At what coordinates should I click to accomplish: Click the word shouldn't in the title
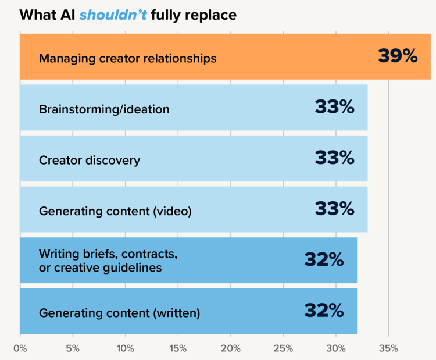point(113,15)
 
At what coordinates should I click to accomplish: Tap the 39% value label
point(398,56)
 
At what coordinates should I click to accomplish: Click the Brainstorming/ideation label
point(104,109)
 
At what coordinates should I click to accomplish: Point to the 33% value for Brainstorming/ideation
point(334,107)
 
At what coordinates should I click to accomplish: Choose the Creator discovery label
point(90,159)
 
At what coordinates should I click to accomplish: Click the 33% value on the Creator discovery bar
point(334,158)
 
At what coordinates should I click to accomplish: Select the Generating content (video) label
point(115,211)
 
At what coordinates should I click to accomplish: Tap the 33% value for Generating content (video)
point(334,208)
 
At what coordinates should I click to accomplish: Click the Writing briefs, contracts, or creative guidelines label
point(108,261)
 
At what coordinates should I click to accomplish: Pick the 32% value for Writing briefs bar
point(324,259)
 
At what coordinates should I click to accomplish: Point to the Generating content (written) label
point(119,312)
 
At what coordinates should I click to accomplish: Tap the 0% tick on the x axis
point(20,348)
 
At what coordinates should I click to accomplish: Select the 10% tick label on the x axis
point(125,348)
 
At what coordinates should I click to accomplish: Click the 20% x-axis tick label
point(231,348)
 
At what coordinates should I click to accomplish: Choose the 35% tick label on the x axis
point(388,348)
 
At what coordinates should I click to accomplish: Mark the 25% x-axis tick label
point(283,348)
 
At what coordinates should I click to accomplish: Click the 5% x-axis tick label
point(72,348)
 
